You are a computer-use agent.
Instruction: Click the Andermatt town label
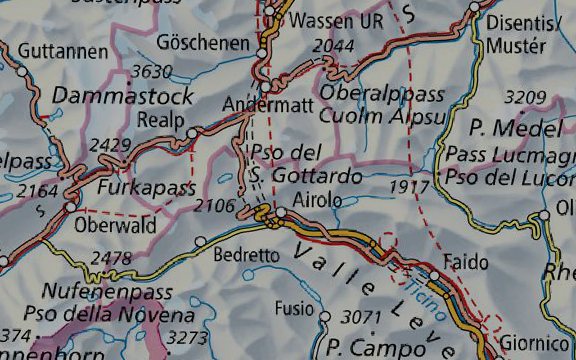268,106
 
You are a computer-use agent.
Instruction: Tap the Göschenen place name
203,44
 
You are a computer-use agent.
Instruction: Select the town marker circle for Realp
192,133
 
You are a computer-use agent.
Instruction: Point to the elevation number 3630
152,72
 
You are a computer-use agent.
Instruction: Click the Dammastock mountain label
122,96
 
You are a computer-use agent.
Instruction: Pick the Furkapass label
147,187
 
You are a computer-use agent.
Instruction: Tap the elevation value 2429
110,145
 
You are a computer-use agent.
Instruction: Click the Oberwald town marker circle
71,207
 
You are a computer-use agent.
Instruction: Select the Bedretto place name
246,256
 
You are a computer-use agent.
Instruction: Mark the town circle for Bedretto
201,242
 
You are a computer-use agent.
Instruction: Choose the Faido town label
466,261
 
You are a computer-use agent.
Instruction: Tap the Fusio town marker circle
325,317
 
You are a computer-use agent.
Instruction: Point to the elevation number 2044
333,46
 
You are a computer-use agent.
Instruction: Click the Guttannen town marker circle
22,71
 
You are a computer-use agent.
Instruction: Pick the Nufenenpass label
107,292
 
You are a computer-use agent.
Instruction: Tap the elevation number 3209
525,97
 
